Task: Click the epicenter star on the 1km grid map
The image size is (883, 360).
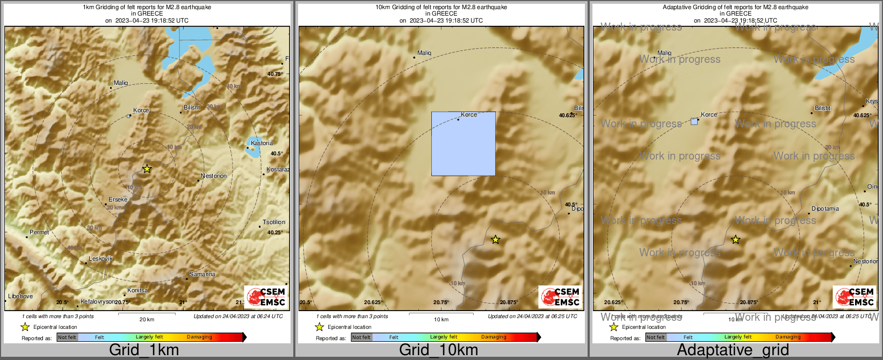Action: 147,169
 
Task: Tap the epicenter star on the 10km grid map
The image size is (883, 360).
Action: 495,240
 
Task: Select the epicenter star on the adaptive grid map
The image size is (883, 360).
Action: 736,240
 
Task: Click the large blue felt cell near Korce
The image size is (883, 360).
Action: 464,144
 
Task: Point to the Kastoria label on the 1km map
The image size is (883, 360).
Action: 262,143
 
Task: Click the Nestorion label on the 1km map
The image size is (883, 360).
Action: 214,176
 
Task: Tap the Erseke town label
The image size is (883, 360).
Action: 118,199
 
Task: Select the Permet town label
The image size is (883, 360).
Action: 39,232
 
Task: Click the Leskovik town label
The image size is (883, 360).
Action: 100,258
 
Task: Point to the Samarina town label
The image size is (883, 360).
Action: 202,274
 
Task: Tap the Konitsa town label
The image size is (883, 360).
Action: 137,290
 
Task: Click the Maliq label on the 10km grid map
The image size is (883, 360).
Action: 424,53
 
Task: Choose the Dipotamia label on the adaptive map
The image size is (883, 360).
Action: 825,208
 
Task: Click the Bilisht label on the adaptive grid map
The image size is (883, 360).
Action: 822,108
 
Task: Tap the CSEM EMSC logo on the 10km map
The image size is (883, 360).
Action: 560,297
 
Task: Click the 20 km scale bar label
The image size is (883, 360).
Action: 147,319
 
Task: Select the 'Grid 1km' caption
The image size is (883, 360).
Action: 144,350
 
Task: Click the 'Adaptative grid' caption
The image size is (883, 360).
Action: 733,350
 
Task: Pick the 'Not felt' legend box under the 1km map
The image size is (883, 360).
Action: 67,337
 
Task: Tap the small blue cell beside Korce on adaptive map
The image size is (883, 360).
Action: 694,121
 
